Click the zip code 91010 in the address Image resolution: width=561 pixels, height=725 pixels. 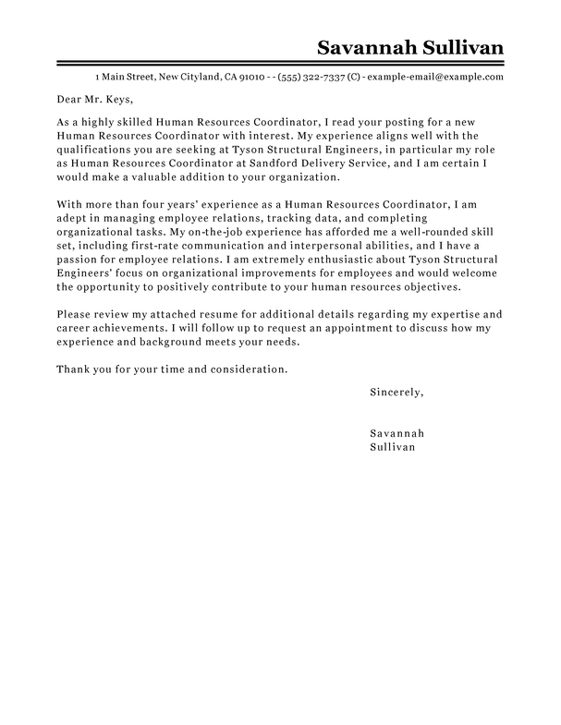click(x=251, y=76)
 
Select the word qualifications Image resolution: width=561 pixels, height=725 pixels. click(x=95, y=148)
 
